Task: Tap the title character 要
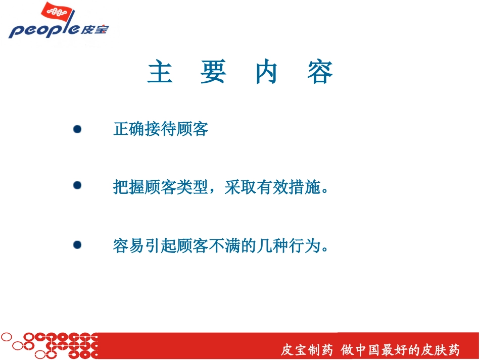213,72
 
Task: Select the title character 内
267,72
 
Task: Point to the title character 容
320,72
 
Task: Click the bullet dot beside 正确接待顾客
77,129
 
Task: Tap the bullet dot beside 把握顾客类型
77,186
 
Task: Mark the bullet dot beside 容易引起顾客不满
77,245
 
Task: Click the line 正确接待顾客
161,130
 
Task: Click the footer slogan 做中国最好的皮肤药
401,350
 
